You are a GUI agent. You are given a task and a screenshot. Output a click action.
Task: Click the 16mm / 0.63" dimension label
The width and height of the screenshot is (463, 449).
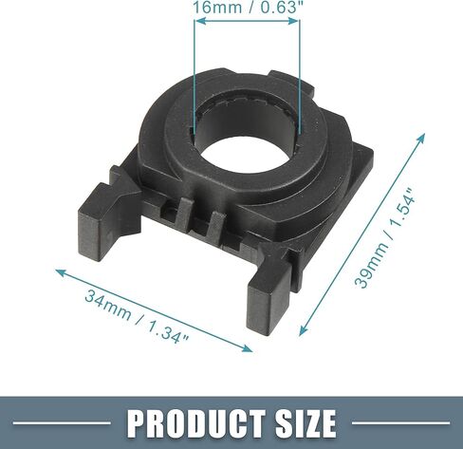coord(246,7)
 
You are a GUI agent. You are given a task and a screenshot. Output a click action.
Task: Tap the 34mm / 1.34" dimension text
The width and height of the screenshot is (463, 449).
coord(137,314)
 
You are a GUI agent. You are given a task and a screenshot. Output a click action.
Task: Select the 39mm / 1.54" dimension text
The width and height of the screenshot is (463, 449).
coord(383,238)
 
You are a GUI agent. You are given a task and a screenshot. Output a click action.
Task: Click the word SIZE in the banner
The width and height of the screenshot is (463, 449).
coord(306,422)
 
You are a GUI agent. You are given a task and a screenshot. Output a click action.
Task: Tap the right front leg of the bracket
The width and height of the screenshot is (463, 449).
coord(269,299)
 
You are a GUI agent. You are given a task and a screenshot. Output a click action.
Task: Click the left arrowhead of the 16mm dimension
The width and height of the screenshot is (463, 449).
coord(200,21)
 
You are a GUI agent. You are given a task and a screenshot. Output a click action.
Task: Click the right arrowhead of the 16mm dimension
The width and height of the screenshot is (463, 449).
coord(293,21)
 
